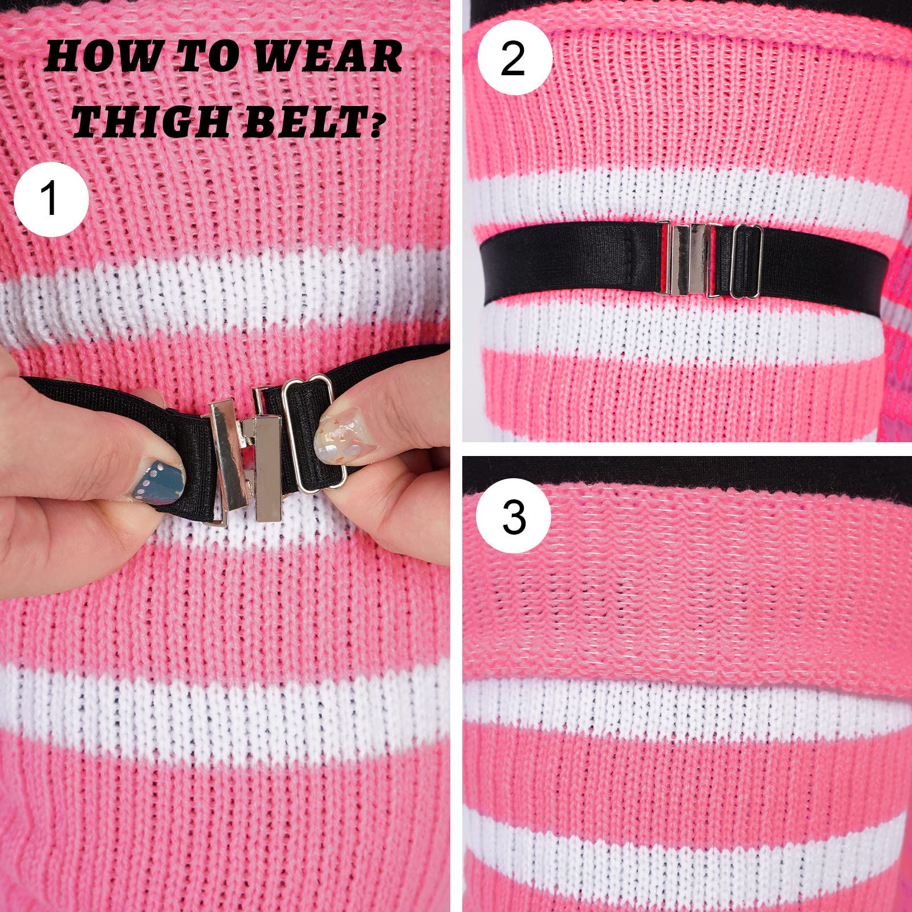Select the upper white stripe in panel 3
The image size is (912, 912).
click(684, 704)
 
